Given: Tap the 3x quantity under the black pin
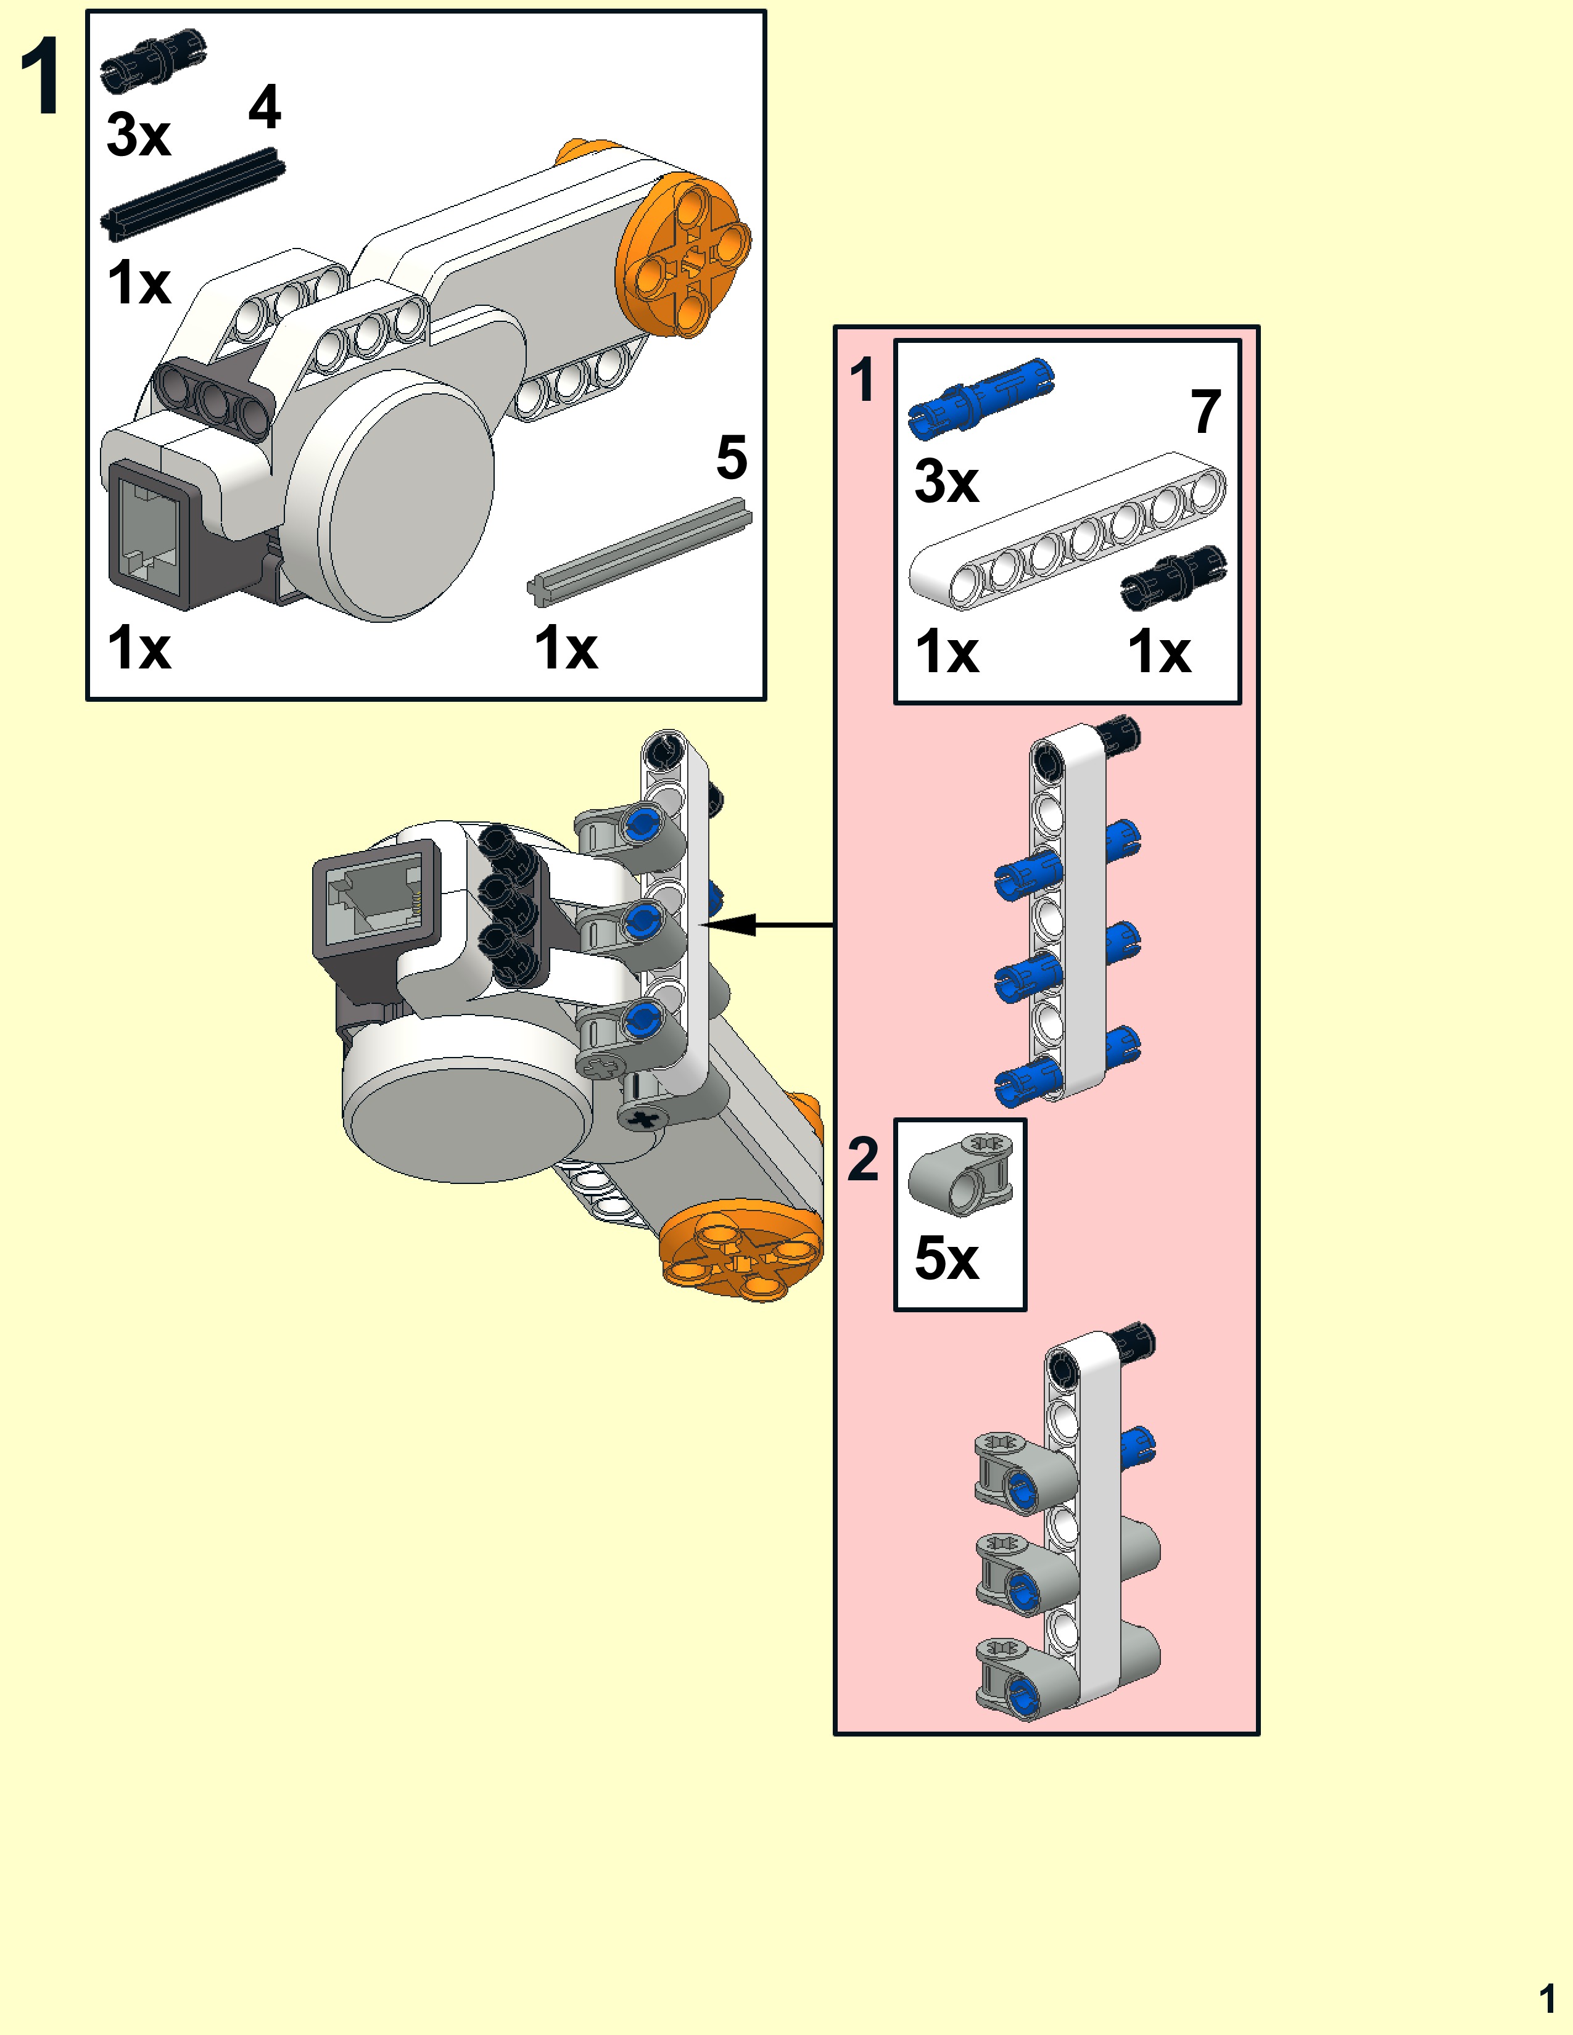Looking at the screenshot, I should [138, 135].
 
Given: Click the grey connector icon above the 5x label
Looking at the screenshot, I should [960, 1176].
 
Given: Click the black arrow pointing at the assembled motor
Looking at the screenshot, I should [764, 925].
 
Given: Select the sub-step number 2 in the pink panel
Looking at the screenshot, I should [863, 1159].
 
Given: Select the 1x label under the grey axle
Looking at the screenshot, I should [566, 649].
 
